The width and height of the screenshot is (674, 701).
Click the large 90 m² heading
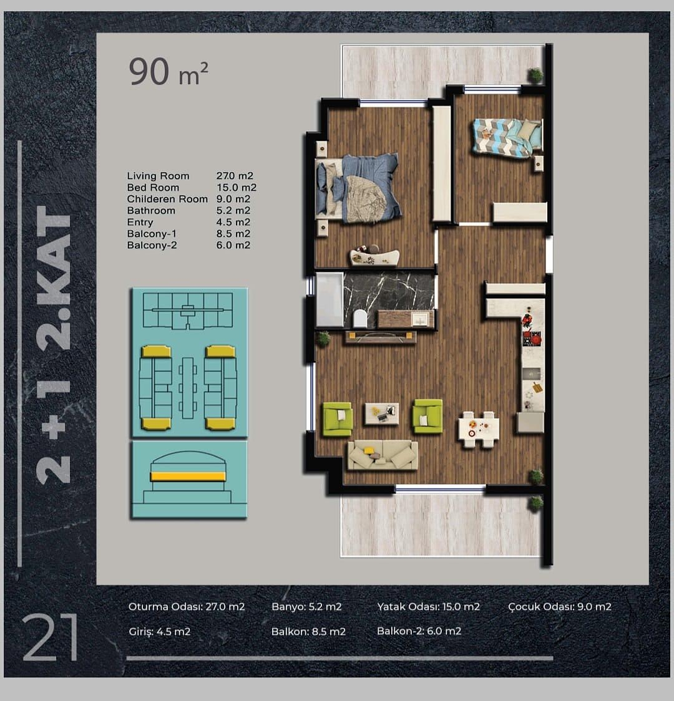[x=168, y=72]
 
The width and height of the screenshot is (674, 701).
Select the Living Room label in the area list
[x=158, y=176]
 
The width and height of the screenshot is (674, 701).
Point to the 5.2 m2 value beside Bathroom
[x=233, y=211]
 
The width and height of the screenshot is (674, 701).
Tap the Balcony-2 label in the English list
[x=152, y=245]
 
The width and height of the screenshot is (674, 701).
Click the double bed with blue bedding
[x=356, y=188]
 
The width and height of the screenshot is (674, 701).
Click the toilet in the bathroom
[x=359, y=319]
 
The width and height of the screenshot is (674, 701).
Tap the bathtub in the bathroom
[x=330, y=299]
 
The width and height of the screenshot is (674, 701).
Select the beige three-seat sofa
[x=383, y=455]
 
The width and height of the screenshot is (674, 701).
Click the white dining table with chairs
[x=479, y=429]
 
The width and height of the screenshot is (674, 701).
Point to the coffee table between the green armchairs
[x=381, y=413]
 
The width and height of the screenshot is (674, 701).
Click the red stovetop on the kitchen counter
[x=532, y=338]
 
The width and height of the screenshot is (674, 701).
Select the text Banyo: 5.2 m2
[x=306, y=607]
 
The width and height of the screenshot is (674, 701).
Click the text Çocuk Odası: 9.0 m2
[x=560, y=607]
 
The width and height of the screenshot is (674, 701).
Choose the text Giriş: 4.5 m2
[x=160, y=632]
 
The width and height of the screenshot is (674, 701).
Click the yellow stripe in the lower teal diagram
[x=188, y=476]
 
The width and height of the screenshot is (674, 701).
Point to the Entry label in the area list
[x=140, y=222]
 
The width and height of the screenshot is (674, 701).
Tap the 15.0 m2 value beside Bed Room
[x=237, y=187]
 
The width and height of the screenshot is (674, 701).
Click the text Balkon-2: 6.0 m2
[x=419, y=631]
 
